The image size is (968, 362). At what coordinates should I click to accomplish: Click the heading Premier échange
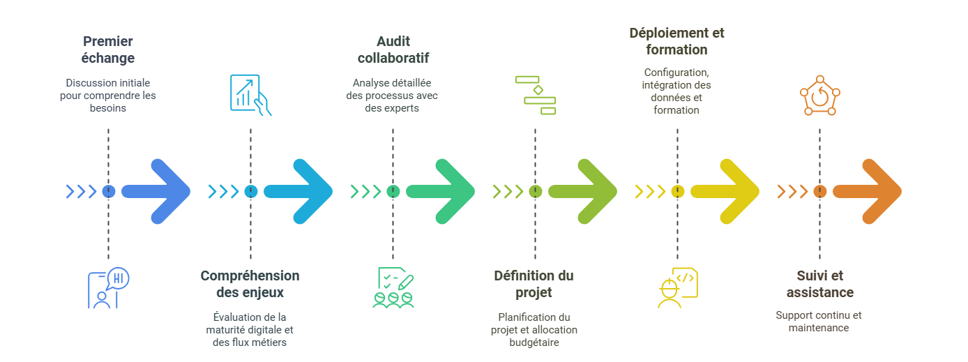[x=108, y=50]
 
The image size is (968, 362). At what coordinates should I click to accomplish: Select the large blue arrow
[x=156, y=191]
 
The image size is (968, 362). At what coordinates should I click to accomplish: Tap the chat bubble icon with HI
[x=109, y=287]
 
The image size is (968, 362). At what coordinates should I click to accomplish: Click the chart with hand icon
[x=250, y=95]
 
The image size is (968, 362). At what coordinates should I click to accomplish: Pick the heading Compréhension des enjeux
[x=250, y=284]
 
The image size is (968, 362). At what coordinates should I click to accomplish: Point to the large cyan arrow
[x=298, y=191]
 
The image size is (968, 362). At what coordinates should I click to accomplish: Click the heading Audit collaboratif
[x=393, y=50]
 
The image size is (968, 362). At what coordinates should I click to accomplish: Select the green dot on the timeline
[x=393, y=191]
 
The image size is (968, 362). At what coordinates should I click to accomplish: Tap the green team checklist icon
[x=393, y=287]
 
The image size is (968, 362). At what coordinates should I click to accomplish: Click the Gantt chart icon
[x=536, y=95]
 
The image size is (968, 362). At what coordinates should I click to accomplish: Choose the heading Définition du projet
[x=534, y=284]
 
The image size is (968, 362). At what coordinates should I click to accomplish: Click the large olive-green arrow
[x=582, y=191]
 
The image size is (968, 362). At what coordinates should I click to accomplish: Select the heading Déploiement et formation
[x=676, y=41]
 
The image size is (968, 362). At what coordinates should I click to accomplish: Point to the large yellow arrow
[x=725, y=191]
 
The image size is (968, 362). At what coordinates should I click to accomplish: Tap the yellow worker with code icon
[x=678, y=287]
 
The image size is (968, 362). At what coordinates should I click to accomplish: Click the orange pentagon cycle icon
[x=819, y=95]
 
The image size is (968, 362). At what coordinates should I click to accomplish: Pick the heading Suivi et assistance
[x=819, y=284]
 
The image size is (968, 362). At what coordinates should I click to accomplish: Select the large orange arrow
[x=868, y=191]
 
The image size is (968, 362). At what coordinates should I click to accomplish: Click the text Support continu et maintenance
[x=819, y=322]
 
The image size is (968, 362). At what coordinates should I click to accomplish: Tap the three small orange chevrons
[x=792, y=191]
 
